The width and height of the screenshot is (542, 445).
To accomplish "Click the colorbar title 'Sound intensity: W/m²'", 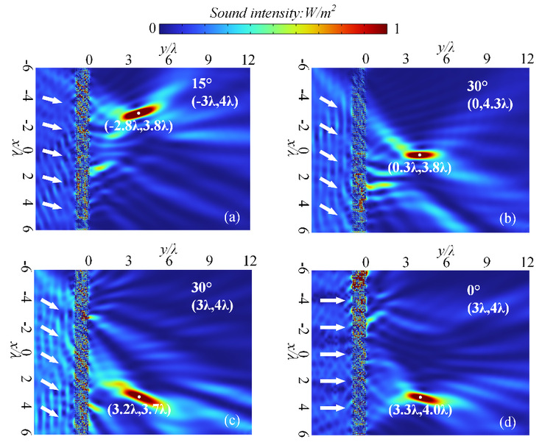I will pos(270,10).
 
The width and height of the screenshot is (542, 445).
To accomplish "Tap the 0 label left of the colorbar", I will pos(151,29).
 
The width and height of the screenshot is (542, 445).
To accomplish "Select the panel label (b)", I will pos(507,217).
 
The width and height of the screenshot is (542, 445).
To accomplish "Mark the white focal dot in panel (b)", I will pos(420,154).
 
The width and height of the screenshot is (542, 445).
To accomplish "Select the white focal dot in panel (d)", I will pos(420,396).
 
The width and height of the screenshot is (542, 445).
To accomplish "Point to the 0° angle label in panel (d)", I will pos(476,291).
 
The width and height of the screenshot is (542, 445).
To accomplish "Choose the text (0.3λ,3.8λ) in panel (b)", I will pos(420,168).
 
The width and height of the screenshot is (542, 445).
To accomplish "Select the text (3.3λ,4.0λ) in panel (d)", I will pos(421,409).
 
